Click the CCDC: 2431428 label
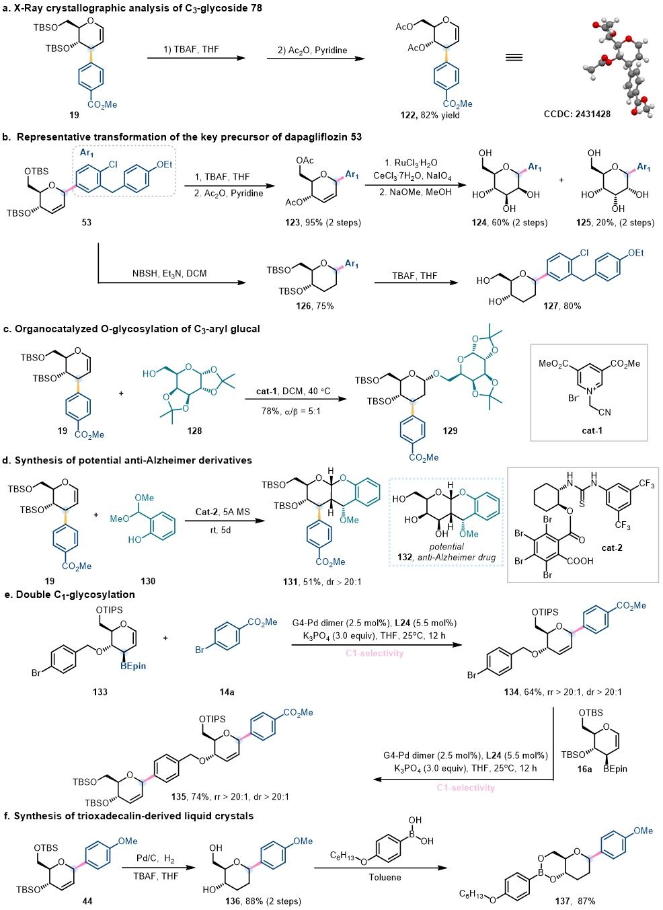tap(577, 114)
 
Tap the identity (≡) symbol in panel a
tap(514, 58)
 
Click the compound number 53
tap(87, 222)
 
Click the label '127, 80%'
tap(562, 305)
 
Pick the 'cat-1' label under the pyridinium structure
tap(592, 430)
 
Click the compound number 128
tap(194, 430)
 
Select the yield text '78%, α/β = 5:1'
tap(291, 410)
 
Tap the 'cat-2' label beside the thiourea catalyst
tap(612, 547)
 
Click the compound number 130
tap(148, 580)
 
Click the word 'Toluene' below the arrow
tap(385, 877)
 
